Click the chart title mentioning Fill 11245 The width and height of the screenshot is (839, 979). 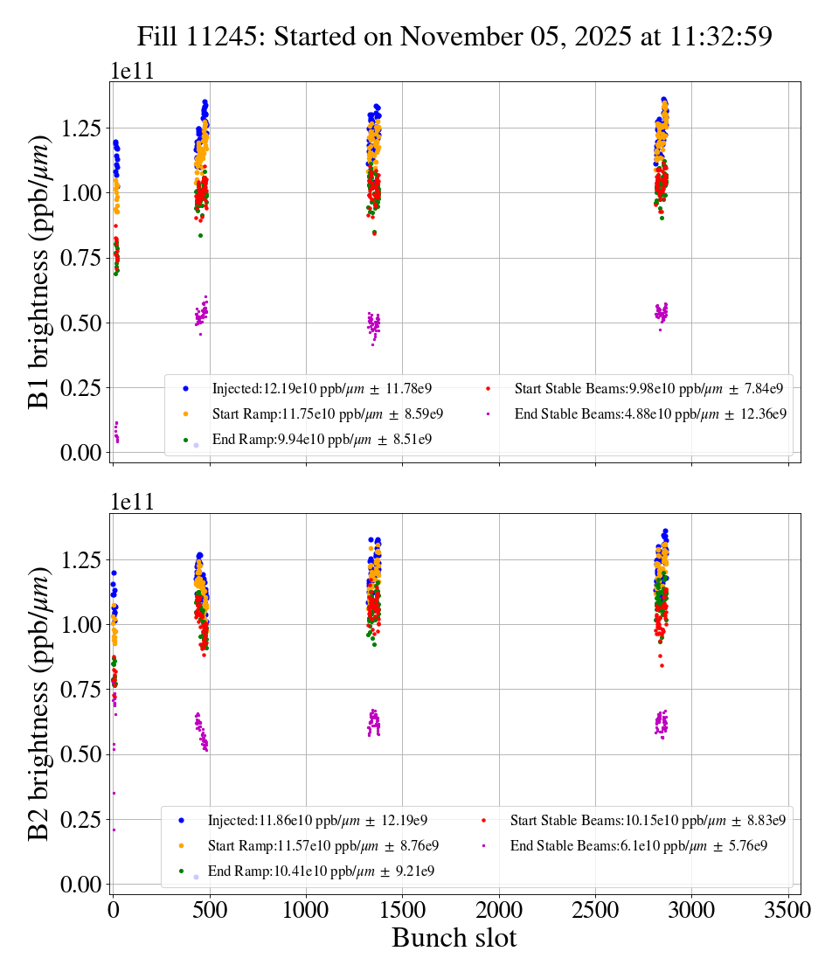click(x=454, y=37)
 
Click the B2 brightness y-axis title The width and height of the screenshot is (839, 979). click(x=39, y=704)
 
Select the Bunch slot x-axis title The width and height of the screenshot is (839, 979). click(x=454, y=938)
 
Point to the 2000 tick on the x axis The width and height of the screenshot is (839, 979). click(x=499, y=910)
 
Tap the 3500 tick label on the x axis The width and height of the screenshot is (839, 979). click(x=788, y=910)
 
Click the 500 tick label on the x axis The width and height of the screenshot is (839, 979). click(x=210, y=910)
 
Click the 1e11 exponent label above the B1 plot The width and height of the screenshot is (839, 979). click(x=132, y=72)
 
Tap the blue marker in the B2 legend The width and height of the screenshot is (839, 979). click(x=181, y=820)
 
